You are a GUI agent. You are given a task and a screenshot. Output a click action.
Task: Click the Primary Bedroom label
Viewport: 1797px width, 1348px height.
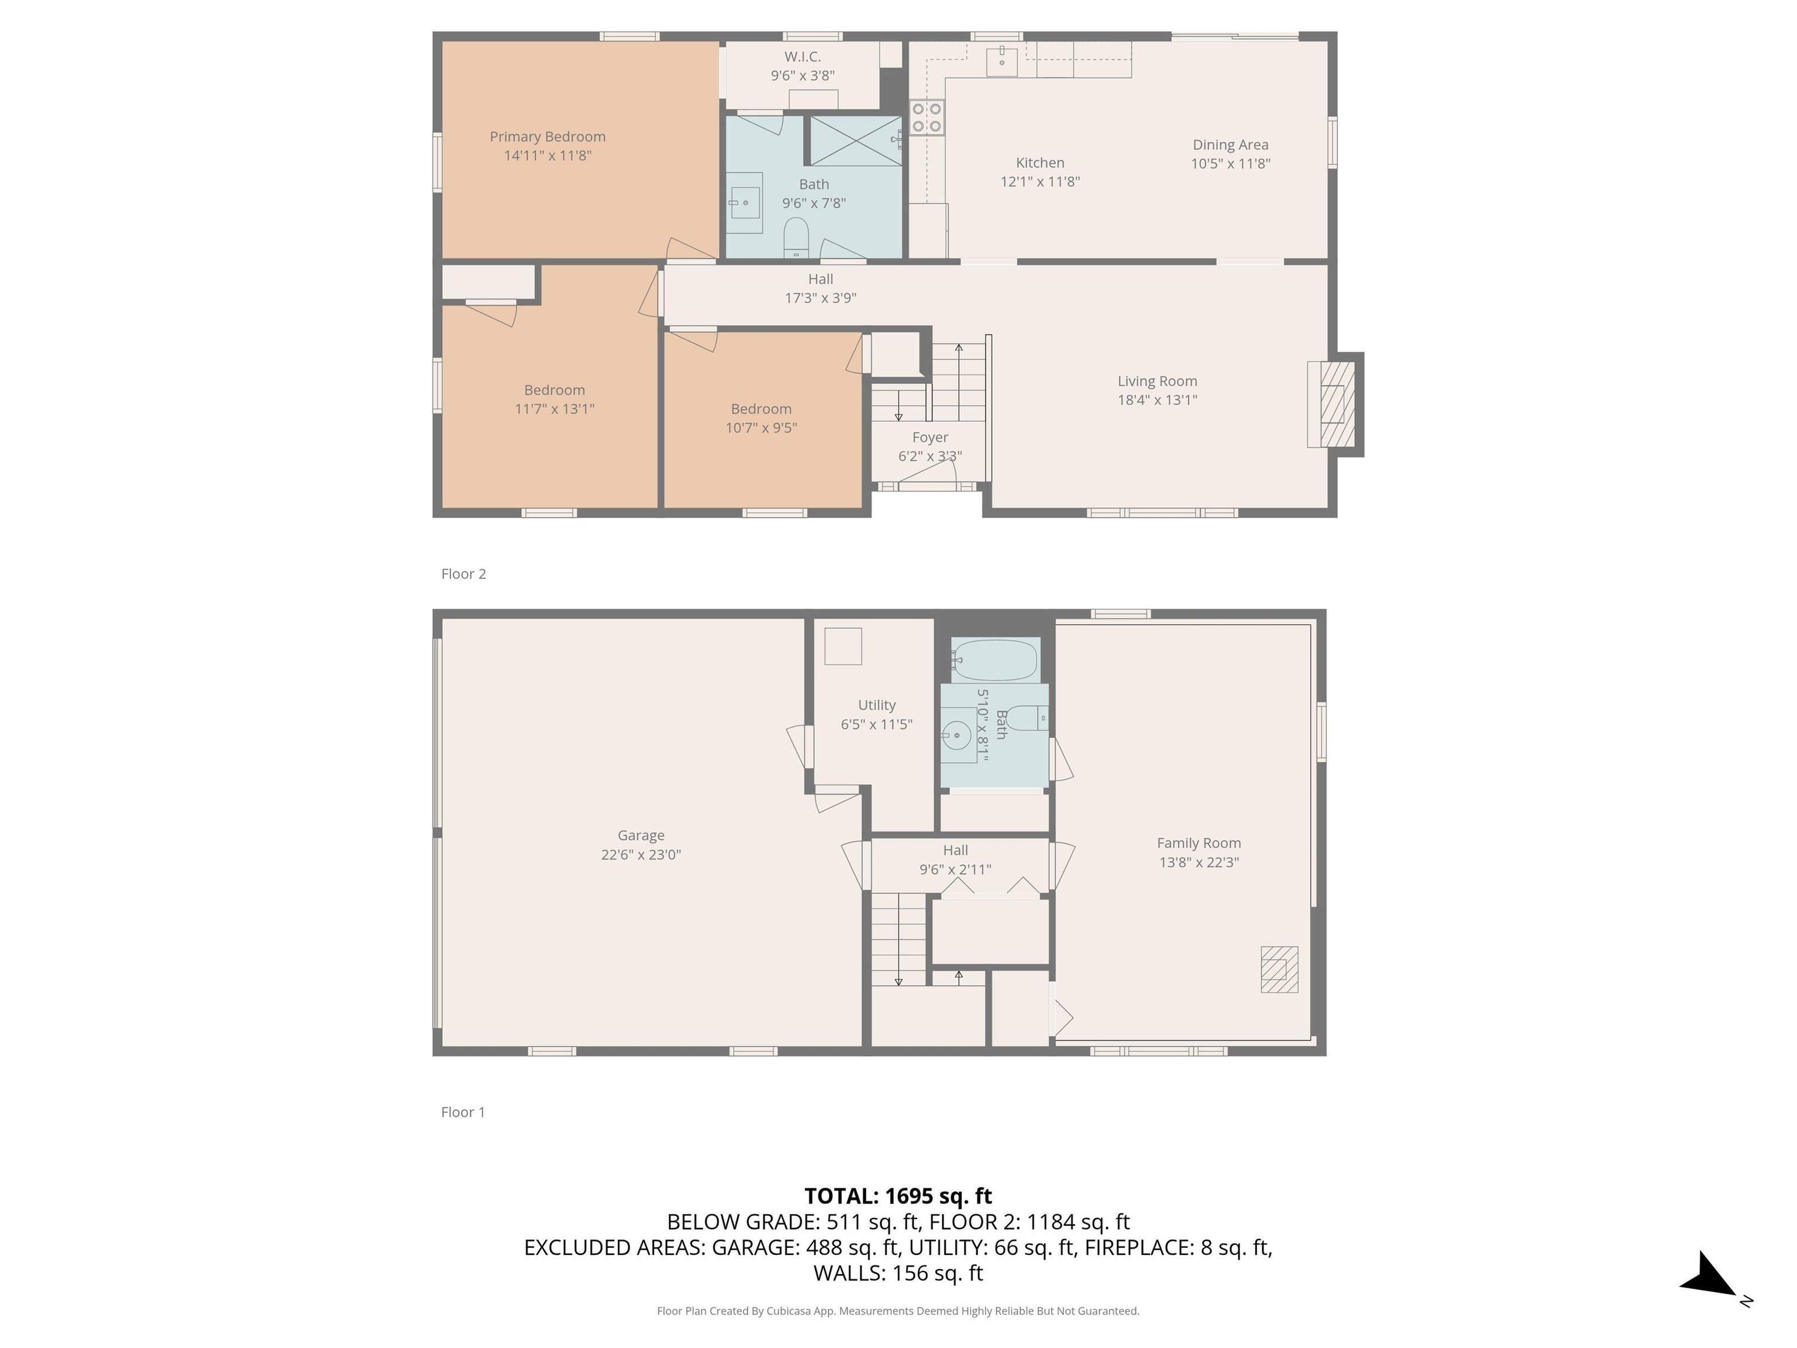coord(547,136)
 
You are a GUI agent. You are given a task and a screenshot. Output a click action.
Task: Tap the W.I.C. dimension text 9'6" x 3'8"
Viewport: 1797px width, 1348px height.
coord(802,75)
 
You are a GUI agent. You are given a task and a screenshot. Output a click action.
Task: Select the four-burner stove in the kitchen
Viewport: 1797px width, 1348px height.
coord(926,117)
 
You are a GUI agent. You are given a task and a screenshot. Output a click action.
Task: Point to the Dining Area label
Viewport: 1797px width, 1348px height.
coord(1230,145)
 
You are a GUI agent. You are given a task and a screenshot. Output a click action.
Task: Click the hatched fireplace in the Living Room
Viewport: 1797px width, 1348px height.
coord(1337,404)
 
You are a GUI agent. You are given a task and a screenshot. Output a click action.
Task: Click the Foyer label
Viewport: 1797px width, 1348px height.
coord(930,437)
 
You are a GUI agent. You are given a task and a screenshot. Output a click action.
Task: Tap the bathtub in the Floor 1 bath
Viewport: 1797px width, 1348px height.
coord(994,661)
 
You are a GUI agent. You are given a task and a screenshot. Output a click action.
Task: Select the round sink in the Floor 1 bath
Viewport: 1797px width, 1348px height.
coord(958,735)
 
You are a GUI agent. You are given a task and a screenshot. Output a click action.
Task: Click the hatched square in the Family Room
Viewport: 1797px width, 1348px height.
coord(1279,969)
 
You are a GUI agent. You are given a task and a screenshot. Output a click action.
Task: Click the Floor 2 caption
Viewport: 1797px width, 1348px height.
coord(463,573)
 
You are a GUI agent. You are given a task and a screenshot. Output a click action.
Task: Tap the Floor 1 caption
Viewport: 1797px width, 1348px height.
coord(462,1112)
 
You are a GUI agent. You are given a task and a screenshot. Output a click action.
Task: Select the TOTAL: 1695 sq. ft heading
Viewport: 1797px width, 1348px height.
coord(898,1196)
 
